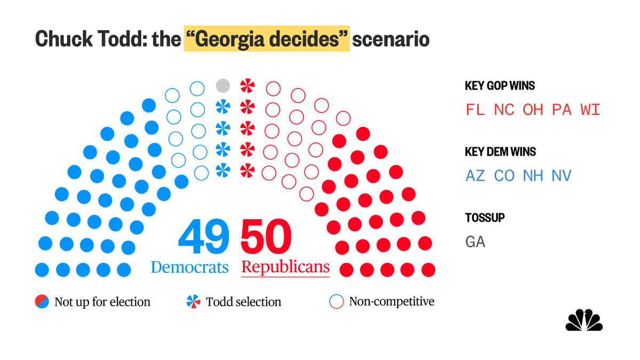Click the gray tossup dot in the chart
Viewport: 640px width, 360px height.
(223, 85)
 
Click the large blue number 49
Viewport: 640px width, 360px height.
(204, 238)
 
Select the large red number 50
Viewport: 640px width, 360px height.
(267, 238)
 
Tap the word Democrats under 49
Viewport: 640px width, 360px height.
(190, 267)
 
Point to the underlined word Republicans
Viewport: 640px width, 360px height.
(285, 267)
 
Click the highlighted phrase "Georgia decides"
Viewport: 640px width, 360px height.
(267, 40)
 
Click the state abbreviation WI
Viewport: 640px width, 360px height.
(590, 110)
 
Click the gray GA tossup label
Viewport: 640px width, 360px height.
(476, 242)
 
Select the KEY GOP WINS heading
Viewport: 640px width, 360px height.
(500, 86)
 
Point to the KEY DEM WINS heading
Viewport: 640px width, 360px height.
(500, 152)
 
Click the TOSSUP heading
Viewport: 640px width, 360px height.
(485, 218)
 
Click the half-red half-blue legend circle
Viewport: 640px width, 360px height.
(43, 302)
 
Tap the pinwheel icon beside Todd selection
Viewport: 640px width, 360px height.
(193, 302)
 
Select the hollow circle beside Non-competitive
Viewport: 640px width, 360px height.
(337, 302)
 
